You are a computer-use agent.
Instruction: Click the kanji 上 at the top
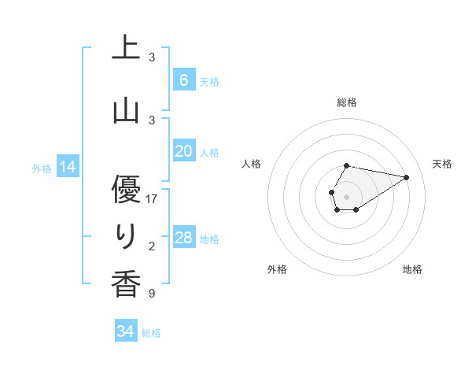click(x=126, y=48)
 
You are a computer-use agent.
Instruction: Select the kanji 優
click(x=126, y=190)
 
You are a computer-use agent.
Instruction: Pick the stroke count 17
click(x=152, y=199)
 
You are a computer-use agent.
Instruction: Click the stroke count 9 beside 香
click(x=152, y=294)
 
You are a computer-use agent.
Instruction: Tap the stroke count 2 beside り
click(x=152, y=246)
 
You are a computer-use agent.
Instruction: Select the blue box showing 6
click(x=183, y=80)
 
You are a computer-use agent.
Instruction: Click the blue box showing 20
click(x=183, y=151)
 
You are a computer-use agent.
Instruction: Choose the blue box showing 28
click(x=183, y=238)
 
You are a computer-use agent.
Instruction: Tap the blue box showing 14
click(x=67, y=167)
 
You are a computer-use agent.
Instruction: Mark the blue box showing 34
click(x=125, y=331)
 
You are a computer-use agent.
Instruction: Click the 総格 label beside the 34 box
click(x=151, y=333)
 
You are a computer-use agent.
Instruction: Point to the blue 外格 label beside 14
click(x=42, y=168)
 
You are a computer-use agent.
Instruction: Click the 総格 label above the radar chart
click(x=346, y=102)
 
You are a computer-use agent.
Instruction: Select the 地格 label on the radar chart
click(x=412, y=269)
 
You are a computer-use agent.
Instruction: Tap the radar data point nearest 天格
click(x=407, y=176)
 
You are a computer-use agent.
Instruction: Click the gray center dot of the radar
click(x=346, y=195)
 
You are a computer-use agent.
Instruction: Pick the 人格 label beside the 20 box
click(x=209, y=153)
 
